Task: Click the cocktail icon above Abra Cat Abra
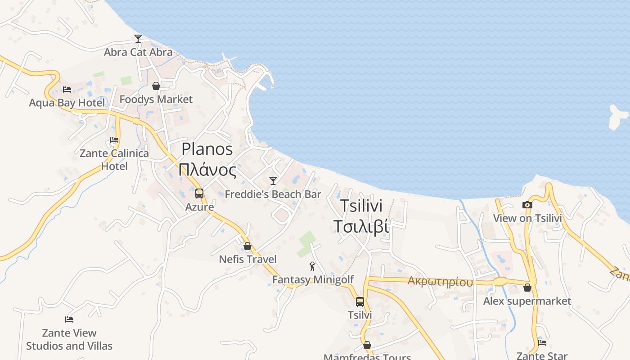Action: coord(138,39)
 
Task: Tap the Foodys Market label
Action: coord(156,99)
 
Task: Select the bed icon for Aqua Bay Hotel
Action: coord(67,89)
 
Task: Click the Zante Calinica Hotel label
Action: coord(114,160)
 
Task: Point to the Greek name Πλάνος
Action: coord(207,171)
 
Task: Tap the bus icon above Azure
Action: coord(199,193)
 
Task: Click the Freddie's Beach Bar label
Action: coord(273,194)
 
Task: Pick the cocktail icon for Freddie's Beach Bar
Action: coord(273,181)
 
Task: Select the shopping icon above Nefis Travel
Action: coord(247,246)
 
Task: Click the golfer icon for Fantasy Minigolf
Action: coord(313,266)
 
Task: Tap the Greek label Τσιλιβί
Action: coord(360,226)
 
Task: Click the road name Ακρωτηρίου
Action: coord(440,282)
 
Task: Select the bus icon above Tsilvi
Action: coord(360,301)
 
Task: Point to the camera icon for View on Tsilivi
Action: coord(527,205)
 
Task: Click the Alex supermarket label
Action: coord(527,301)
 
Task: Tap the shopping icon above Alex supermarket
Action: coord(527,288)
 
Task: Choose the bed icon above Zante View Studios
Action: coord(69,319)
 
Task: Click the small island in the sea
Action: coord(617,117)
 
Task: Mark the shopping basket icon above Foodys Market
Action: coord(156,86)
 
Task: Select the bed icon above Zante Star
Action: coord(542,343)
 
